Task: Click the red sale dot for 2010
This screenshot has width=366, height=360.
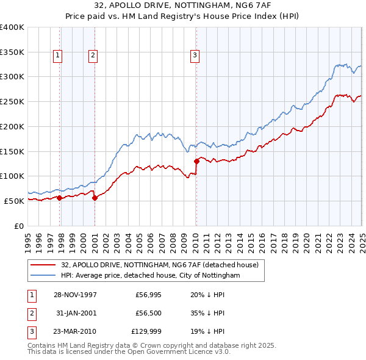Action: click(x=196, y=162)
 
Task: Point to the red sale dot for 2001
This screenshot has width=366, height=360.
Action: click(x=95, y=198)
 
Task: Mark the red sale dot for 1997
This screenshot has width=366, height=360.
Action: click(x=60, y=198)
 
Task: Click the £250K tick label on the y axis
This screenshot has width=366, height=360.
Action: click(x=12, y=101)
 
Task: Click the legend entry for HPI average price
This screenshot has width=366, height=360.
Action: click(x=151, y=275)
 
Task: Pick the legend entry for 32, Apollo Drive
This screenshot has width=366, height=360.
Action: click(x=160, y=265)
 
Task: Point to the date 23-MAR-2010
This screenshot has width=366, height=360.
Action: click(x=74, y=333)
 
